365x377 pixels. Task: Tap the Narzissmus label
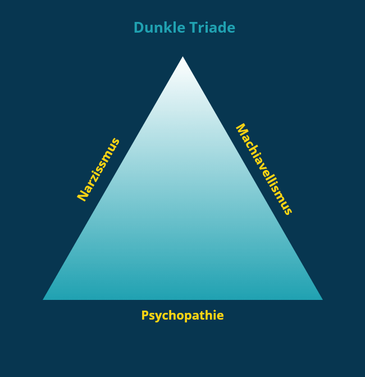99,169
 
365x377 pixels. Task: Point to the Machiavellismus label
263,169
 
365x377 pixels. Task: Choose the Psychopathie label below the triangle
182,316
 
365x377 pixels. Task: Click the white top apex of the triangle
182,59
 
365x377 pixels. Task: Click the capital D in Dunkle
138,28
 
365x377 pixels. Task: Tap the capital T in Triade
197,28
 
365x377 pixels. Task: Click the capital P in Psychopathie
144,316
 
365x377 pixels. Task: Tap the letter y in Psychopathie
156,317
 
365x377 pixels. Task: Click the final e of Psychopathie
221,316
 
